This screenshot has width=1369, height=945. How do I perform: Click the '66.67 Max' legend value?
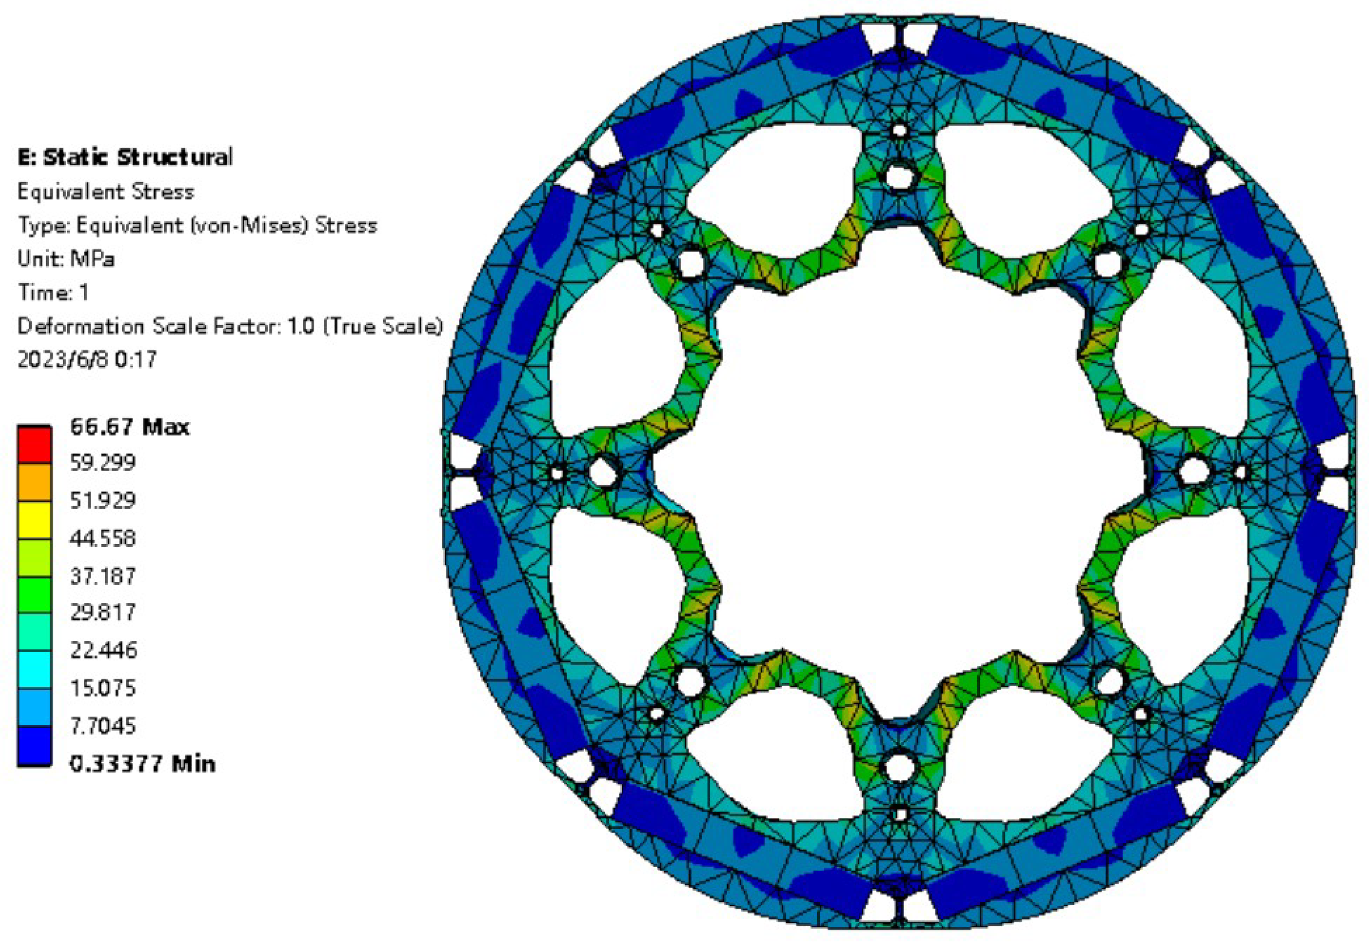pos(130,426)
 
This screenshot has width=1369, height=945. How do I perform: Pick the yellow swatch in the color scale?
pos(34,520)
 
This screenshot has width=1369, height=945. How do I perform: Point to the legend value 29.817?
pos(103,612)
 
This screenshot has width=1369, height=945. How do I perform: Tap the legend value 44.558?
pos(103,538)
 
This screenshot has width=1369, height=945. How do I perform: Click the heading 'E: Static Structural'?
pos(125,157)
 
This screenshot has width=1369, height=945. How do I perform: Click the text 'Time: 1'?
pos(53,292)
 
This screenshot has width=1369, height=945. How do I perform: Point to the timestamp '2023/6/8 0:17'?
pos(87,359)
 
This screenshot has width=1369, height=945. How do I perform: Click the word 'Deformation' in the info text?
pos(81,326)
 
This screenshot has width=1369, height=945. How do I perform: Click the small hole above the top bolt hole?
pos(899,130)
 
